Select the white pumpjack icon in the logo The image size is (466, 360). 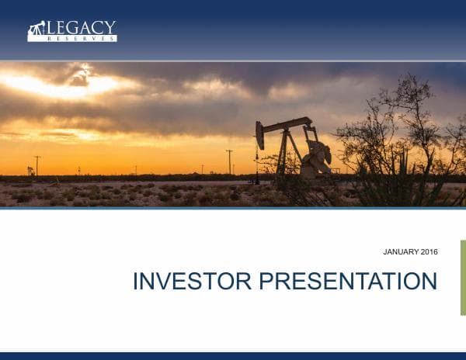tap(36, 30)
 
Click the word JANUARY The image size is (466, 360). tap(402, 252)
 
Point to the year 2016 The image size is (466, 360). tap(429, 252)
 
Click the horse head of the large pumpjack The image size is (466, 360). tap(260, 136)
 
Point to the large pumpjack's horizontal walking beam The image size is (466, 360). tap(286, 125)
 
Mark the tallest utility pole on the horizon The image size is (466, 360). tap(229, 161)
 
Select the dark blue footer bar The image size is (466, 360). tap(233, 356)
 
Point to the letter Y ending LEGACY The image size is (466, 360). tap(111, 28)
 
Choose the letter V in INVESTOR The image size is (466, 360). tap(165, 281)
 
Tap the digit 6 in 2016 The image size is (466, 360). tap(436, 252)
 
